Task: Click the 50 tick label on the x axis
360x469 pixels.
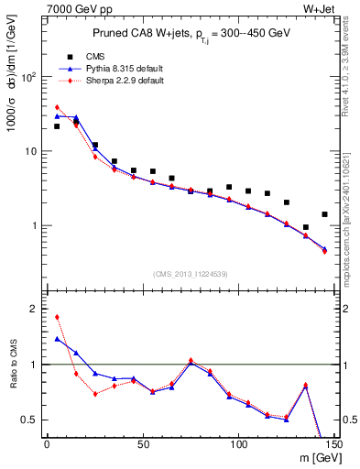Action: pos(143,446)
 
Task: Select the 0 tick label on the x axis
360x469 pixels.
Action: pos(47,446)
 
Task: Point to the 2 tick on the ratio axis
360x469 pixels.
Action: pos(34,309)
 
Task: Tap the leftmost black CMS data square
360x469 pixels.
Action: pos(57,126)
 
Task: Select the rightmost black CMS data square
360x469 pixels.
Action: pos(324,214)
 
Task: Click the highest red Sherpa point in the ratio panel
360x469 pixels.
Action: pos(57,317)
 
